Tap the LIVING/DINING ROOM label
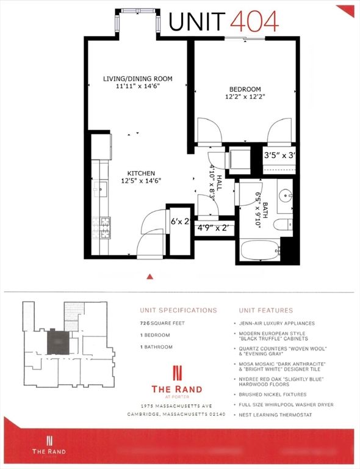click(137, 79)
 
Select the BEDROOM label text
click(244, 89)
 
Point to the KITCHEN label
click(140, 173)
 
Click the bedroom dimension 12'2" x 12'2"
click(244, 96)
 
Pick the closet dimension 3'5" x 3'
click(279, 156)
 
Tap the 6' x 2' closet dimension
click(181, 221)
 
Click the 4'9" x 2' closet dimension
click(213, 228)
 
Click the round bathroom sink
click(286, 197)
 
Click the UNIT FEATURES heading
click(263, 310)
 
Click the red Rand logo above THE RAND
click(177, 371)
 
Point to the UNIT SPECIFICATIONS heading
click(178, 310)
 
